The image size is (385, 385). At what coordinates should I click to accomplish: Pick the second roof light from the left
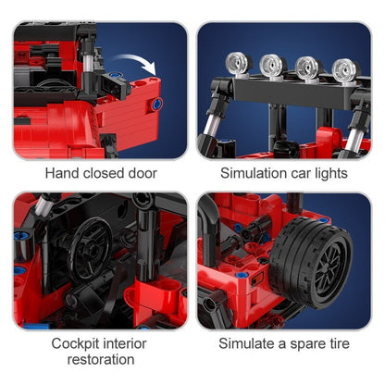(272, 63)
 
